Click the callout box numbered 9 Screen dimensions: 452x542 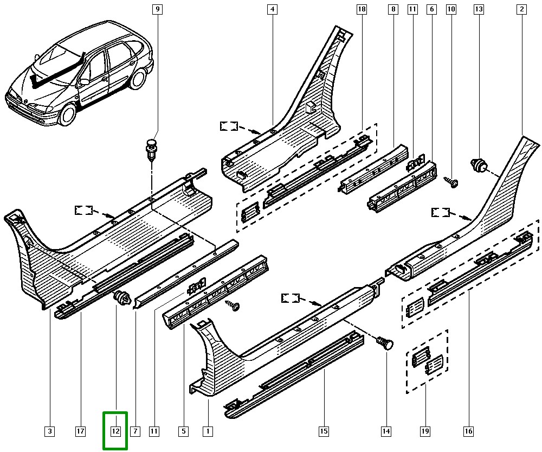coord(157,9)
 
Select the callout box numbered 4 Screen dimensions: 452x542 coord(272,9)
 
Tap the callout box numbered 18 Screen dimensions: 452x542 coord(362,9)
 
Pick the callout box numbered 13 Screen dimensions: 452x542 coord(478,9)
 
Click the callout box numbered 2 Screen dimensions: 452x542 coord(521,9)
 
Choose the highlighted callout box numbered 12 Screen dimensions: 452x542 coord(115,431)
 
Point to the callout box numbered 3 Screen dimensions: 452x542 coord(49,431)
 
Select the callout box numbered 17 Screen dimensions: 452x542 coord(80,431)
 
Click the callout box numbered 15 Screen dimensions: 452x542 coord(323,431)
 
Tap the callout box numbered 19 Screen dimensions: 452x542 coord(424,431)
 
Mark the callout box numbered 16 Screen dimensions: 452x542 coord(468,431)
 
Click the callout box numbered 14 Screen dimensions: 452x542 coord(386,431)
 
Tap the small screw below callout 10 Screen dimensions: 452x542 coord(451,182)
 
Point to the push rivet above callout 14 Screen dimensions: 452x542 coord(385,343)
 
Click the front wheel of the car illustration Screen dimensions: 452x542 coord(67,116)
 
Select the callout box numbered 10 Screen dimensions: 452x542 coord(451,9)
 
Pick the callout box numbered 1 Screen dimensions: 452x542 coord(207,431)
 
